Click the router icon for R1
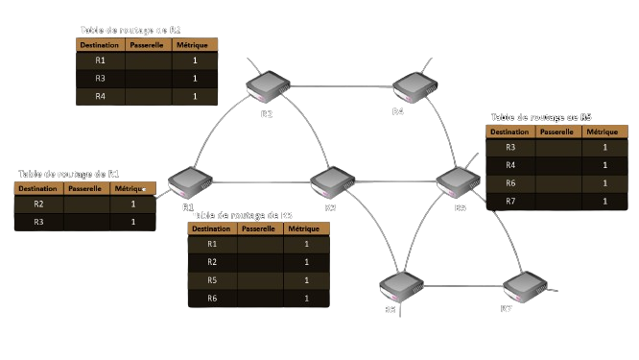click(x=189, y=182)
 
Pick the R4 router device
click(x=414, y=87)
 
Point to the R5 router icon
click(x=457, y=181)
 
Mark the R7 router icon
click(x=524, y=285)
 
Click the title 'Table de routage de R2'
click(x=130, y=30)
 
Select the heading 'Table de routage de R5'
click(x=541, y=117)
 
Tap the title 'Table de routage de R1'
click(x=69, y=174)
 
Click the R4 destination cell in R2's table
click(x=101, y=96)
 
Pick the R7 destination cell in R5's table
click(x=510, y=201)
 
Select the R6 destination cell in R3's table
click(x=212, y=299)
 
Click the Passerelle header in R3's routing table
click(x=259, y=229)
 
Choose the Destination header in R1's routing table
click(x=38, y=188)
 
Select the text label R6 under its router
click(x=390, y=310)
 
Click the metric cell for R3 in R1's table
click(x=132, y=222)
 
